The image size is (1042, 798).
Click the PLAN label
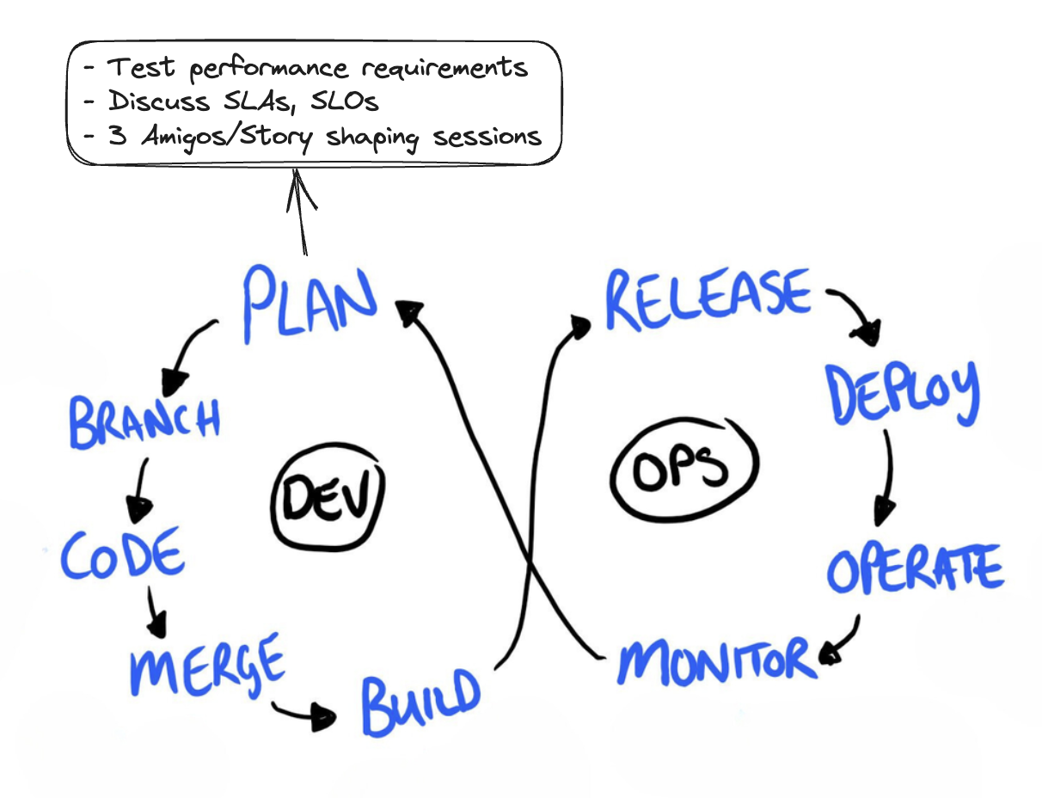tap(310, 303)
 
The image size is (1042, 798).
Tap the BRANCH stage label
tap(144, 421)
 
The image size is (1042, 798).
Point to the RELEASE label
tap(708, 296)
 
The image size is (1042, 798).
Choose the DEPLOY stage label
tap(902, 393)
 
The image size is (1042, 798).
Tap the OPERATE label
tap(915, 567)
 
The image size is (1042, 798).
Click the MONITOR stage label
tap(716, 661)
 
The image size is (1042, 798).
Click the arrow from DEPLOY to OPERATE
tap(885, 477)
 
